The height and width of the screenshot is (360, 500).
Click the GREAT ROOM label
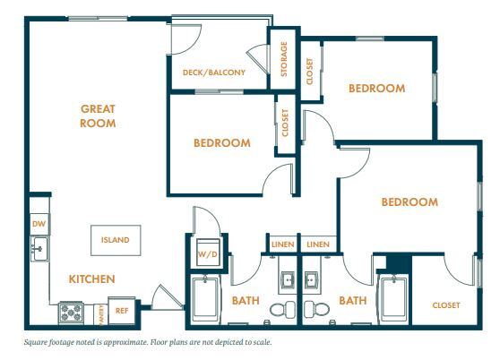99,116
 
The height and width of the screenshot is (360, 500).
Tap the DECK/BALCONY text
213,73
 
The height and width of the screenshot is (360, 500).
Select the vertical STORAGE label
283,59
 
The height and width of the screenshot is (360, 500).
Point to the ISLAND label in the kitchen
115,240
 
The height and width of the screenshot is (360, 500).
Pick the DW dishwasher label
39,223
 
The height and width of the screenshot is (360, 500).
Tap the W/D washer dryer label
208,254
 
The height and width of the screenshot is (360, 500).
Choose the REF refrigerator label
123,311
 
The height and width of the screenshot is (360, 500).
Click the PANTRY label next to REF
101,313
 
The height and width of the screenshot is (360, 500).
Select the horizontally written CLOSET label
445,305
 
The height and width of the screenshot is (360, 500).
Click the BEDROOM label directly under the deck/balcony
221,142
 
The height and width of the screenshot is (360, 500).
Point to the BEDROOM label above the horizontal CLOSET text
409,202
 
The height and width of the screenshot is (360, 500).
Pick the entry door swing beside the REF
161,298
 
